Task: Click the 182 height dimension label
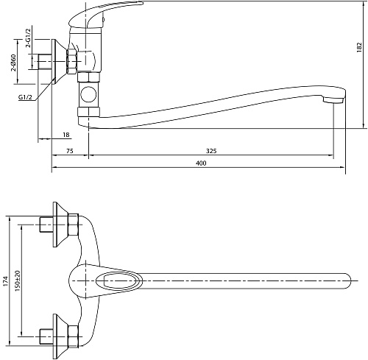coord(359,47)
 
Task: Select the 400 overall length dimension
coord(201,163)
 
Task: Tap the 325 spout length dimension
coord(211,151)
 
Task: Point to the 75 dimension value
coord(70,151)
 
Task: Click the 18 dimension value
coord(66,135)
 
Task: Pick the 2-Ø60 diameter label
coord(13,63)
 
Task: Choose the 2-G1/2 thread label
coord(29,38)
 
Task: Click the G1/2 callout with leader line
coord(25,97)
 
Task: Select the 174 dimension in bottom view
coord(6,281)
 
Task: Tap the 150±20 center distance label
coord(18,280)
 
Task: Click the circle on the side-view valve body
coord(88,94)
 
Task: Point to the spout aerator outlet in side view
coord(333,100)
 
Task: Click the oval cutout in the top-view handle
coord(119,280)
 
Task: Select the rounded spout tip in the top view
coord(348,280)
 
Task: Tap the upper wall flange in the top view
coord(60,225)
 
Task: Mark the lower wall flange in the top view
coord(60,336)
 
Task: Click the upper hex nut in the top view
coord(73,225)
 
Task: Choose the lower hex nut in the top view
coord(73,336)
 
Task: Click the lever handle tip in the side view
coord(140,3)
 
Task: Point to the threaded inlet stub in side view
coord(45,61)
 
